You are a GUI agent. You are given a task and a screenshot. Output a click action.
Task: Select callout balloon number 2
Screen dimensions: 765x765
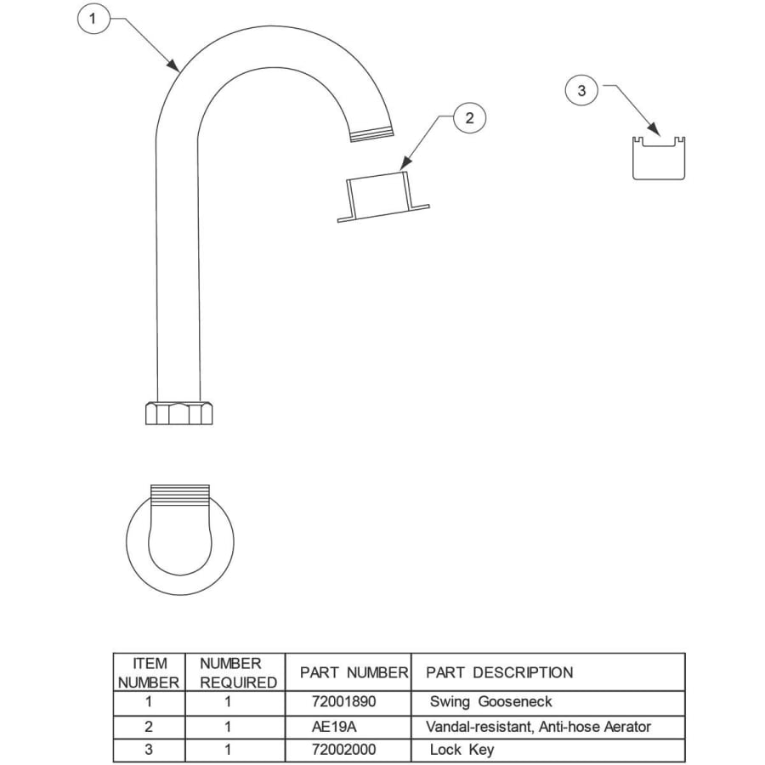(x=469, y=118)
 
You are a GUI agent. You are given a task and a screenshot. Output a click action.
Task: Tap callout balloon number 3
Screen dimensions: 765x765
(x=581, y=91)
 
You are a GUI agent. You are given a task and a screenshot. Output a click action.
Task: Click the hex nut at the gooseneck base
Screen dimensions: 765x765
(x=179, y=412)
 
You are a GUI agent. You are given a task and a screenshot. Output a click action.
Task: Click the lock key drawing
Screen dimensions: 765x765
(x=659, y=158)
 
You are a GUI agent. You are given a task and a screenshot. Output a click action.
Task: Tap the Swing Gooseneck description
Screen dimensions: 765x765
(x=491, y=702)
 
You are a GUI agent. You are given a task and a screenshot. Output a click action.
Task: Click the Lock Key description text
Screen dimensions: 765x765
(x=462, y=750)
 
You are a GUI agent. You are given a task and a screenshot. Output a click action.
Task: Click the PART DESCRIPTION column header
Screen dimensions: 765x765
(x=500, y=672)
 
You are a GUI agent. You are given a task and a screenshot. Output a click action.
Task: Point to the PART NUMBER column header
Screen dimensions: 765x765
(x=354, y=672)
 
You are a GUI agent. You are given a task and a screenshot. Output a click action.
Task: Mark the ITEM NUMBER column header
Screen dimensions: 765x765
(x=150, y=672)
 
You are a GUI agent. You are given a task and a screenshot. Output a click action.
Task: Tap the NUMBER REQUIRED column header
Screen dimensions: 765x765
(x=238, y=672)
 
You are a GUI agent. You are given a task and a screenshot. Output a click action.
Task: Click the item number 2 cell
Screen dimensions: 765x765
(x=150, y=727)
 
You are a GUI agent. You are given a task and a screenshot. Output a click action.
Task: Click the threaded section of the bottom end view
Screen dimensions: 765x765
(x=179, y=491)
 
